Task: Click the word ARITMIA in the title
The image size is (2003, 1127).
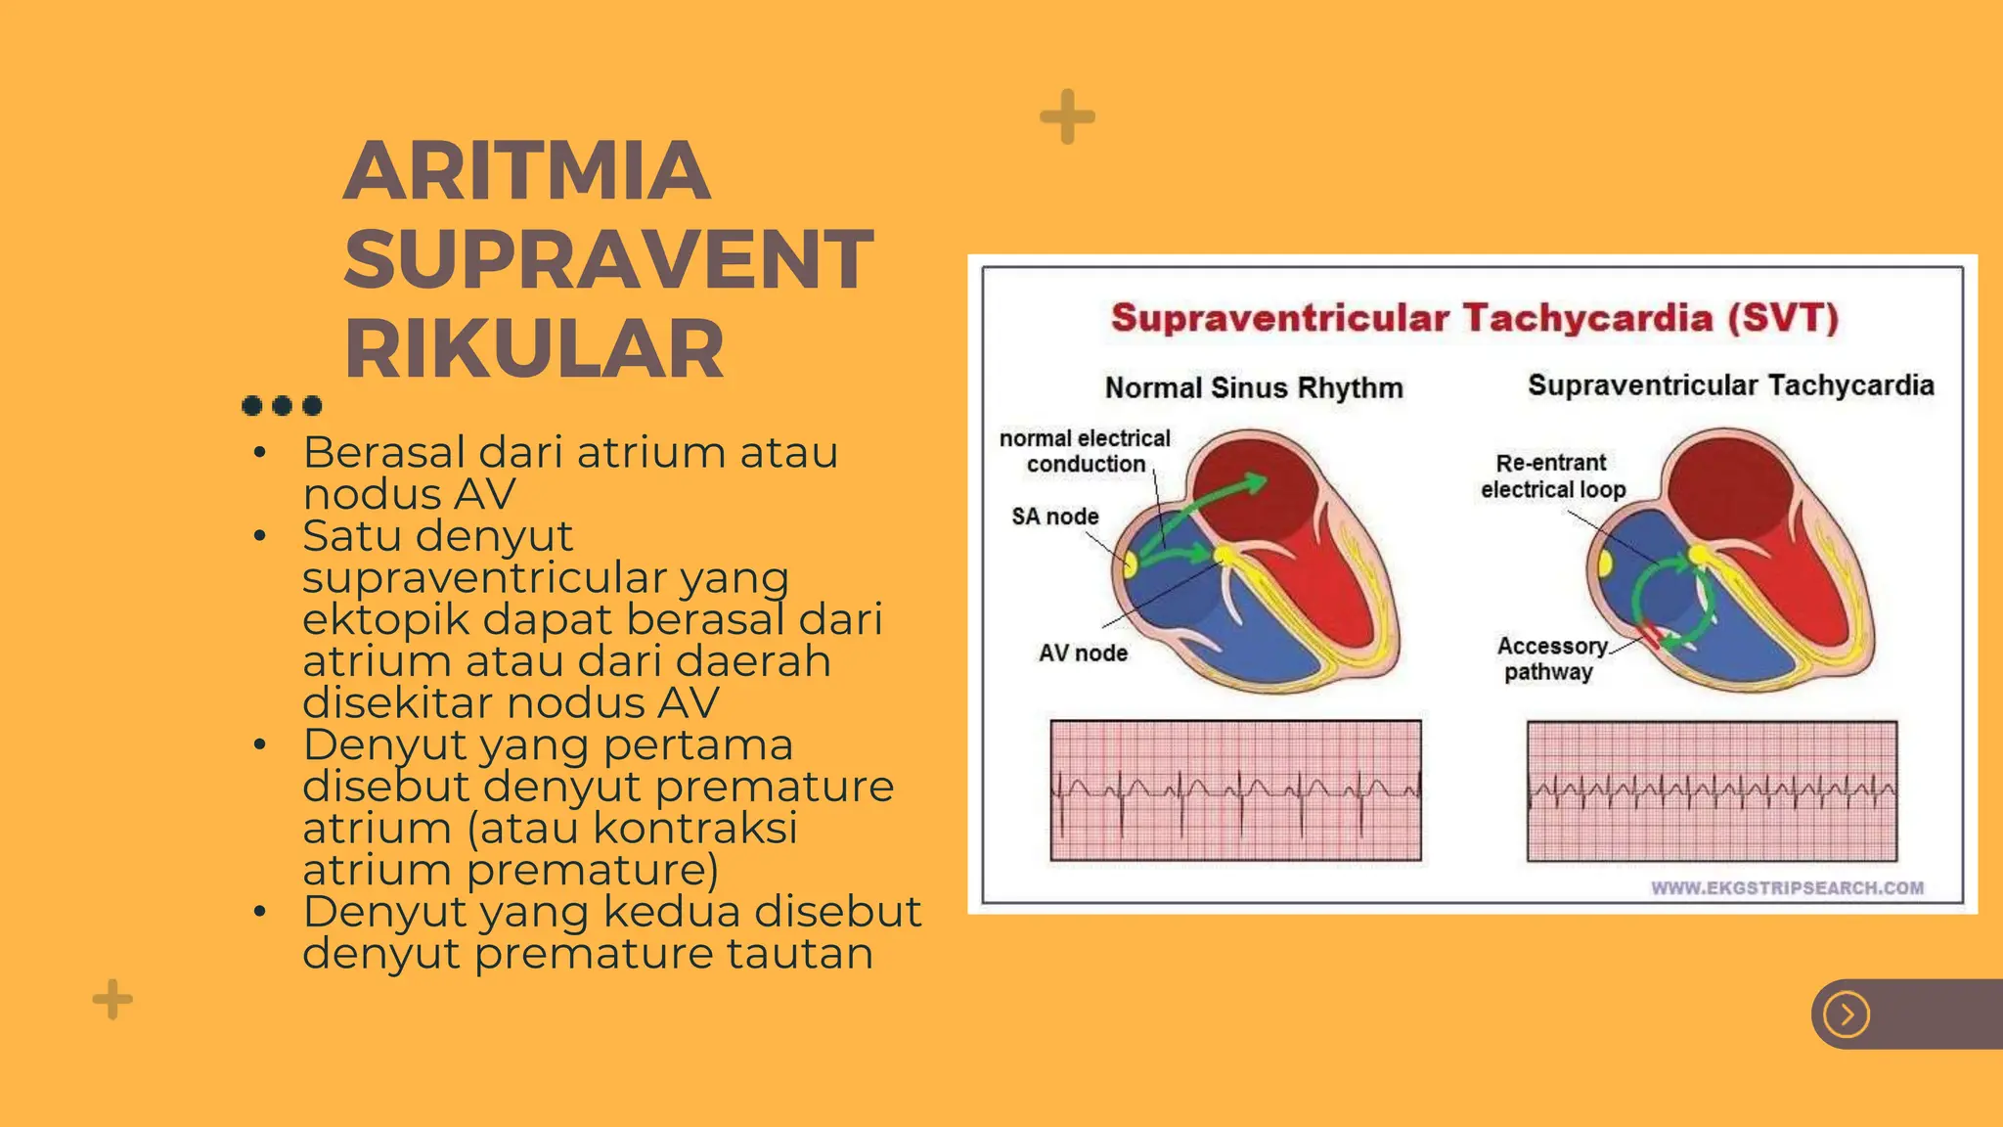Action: [526, 171]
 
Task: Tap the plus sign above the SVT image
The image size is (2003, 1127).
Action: [1067, 117]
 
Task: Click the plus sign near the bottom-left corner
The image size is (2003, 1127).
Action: [112, 999]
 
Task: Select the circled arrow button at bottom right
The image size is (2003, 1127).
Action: [1847, 1014]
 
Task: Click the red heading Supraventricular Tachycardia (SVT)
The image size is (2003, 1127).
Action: [1474, 319]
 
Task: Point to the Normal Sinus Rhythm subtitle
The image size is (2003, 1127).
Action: [1253, 388]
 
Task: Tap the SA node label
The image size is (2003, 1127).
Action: [1054, 517]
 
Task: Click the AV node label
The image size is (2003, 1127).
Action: [1083, 654]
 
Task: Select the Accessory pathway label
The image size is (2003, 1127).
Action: [1551, 658]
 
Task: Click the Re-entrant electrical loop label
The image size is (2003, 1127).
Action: [1552, 475]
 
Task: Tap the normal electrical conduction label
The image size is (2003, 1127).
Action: [1085, 451]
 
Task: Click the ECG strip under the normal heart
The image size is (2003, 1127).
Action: [1235, 790]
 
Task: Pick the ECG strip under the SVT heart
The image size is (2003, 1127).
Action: [1712, 790]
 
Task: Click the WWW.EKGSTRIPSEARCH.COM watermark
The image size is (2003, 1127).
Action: [1787, 888]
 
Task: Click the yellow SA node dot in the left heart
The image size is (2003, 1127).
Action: [1130, 564]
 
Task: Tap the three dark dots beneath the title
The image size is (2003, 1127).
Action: [282, 405]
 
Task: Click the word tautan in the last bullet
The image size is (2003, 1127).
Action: [799, 954]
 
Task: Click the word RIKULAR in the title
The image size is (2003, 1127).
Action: [534, 349]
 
